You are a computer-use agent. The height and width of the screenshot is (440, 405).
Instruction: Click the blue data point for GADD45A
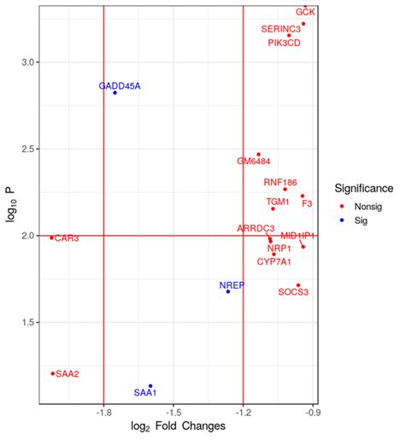point(114,93)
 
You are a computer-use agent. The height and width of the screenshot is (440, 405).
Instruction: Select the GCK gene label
point(305,12)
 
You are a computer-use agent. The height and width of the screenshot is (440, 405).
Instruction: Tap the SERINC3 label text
point(281,29)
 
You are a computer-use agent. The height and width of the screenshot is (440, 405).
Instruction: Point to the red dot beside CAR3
point(51,238)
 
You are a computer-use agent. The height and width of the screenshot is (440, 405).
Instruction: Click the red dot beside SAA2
point(53,373)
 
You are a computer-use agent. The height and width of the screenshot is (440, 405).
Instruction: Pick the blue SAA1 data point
point(150,386)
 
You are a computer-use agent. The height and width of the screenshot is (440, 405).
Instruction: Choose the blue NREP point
point(228,291)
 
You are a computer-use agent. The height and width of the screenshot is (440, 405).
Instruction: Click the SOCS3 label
point(293,292)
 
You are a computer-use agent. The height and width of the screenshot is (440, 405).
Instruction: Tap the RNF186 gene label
point(280,182)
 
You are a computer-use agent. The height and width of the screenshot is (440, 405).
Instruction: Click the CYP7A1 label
point(273,261)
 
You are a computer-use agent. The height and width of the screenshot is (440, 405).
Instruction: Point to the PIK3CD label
point(284,42)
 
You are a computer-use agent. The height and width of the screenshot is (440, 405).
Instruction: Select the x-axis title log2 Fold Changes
point(178,425)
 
